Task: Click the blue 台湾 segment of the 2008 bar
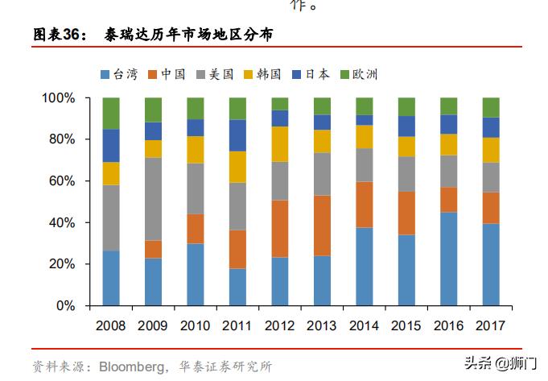point(111,278)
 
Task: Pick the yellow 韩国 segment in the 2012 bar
point(279,144)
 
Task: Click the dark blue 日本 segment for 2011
point(237,135)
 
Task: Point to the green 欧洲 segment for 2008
point(111,114)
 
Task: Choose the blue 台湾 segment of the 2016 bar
point(448,259)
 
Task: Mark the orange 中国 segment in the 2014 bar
point(364,205)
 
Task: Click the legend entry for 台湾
point(121,75)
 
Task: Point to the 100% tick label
point(59,98)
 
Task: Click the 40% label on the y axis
point(62,223)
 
